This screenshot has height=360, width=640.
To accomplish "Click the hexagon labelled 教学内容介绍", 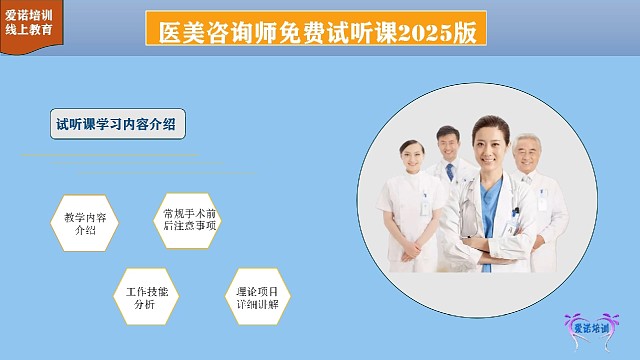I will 85,222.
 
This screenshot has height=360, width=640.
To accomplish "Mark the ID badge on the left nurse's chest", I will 424,204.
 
